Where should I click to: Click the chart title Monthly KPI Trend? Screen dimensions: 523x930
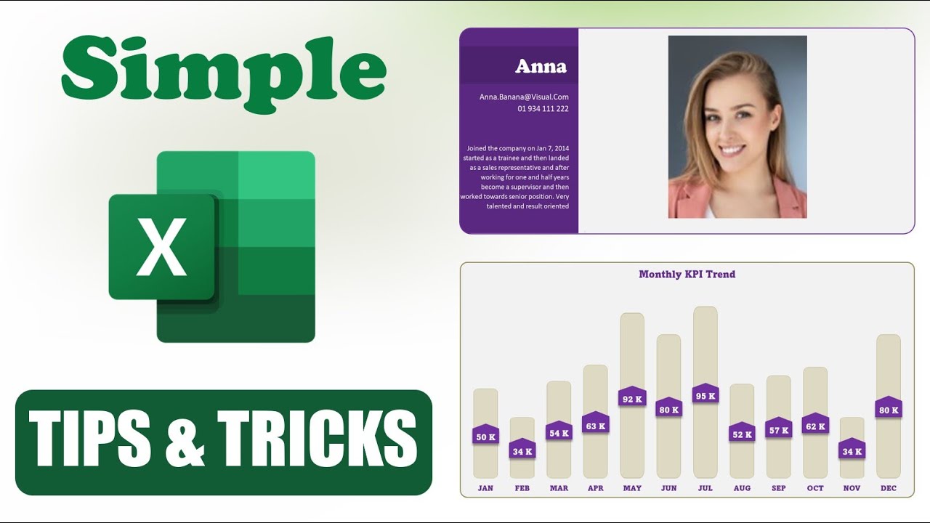click(687, 275)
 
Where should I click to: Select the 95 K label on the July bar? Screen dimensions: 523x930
click(705, 396)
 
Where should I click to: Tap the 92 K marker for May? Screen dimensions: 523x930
click(632, 399)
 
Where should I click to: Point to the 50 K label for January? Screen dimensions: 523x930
click(485, 437)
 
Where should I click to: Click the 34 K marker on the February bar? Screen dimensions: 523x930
click(522, 451)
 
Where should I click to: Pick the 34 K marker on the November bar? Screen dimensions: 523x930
click(852, 451)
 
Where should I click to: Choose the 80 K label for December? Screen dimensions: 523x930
click(889, 410)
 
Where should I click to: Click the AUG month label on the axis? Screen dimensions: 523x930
click(742, 488)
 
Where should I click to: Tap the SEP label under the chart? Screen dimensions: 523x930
click(778, 488)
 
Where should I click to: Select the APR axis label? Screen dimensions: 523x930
click(595, 488)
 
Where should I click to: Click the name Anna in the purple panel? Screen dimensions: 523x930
click(541, 67)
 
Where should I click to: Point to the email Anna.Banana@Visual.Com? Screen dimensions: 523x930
click(524, 97)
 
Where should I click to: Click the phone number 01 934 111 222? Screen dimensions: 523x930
click(543, 109)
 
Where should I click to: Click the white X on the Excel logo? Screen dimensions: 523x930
click(162, 247)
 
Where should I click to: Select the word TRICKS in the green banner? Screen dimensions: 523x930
click(318, 439)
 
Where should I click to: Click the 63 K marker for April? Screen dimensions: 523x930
click(596, 426)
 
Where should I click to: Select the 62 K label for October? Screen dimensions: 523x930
click(815, 426)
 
